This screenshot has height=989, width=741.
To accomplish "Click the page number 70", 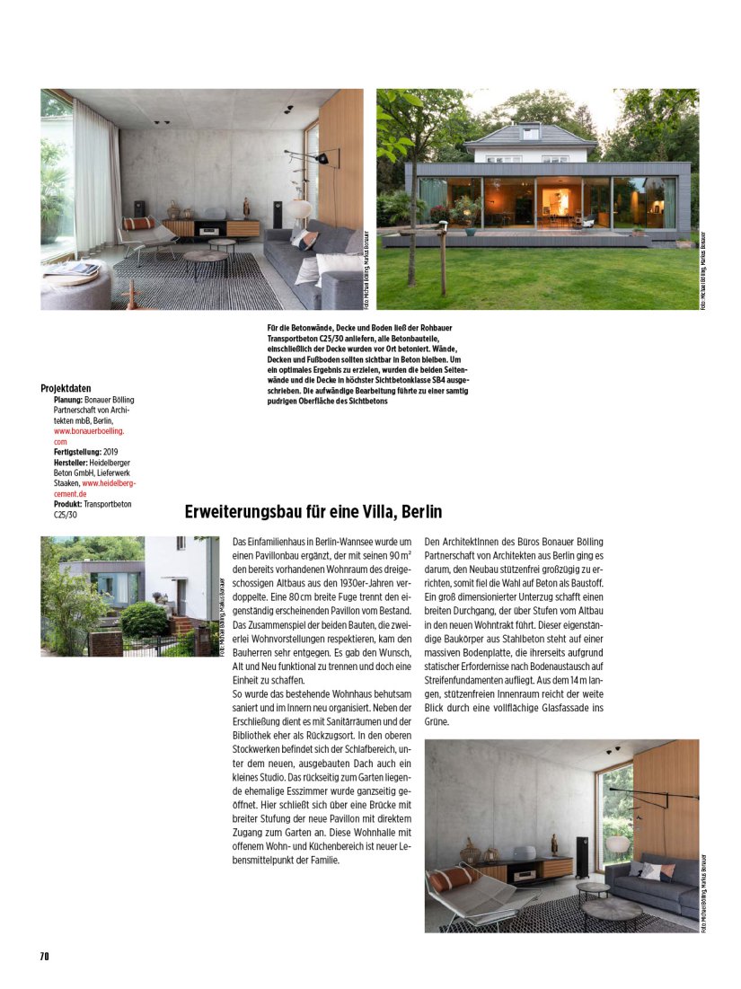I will pyautogui.click(x=44, y=956).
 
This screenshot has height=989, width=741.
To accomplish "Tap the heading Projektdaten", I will pyautogui.click(x=66, y=388).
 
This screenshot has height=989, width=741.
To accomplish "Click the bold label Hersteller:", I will pyautogui.click(x=76, y=463).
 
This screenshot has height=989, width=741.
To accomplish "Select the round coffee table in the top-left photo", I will pyautogui.click(x=206, y=258).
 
